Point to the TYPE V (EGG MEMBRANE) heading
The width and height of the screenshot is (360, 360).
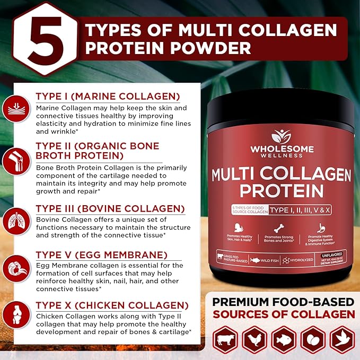point(101,255)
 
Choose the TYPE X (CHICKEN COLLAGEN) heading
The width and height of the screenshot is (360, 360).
point(111,305)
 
